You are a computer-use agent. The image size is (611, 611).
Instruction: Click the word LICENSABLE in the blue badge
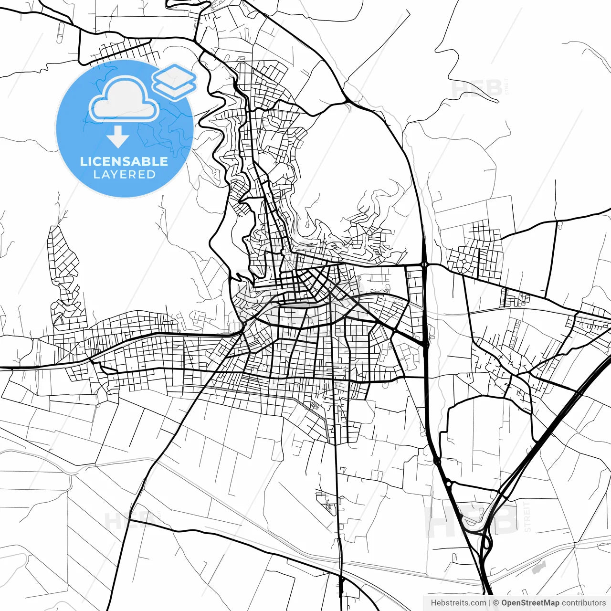(x=124, y=161)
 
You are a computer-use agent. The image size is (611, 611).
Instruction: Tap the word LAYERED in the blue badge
(x=124, y=175)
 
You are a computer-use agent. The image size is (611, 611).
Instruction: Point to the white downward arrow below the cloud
(x=118, y=137)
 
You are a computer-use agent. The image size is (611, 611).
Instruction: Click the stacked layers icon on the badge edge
(x=174, y=82)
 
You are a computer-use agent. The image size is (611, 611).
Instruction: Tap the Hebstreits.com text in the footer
(x=458, y=603)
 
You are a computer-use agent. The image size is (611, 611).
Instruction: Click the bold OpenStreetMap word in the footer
(x=530, y=603)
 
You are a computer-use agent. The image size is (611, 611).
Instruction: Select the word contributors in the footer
(x=583, y=603)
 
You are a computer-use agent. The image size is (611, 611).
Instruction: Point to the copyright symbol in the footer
(x=496, y=603)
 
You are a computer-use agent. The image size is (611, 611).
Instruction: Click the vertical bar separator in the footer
(x=490, y=603)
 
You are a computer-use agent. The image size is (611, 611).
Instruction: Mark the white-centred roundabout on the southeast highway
(x=449, y=484)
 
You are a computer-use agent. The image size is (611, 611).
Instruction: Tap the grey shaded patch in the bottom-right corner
(x=538, y=567)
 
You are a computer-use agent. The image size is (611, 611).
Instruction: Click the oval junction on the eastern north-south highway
(x=424, y=263)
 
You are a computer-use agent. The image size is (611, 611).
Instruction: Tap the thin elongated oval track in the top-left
(x=60, y=32)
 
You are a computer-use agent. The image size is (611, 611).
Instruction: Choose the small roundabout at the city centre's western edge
(x=243, y=325)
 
